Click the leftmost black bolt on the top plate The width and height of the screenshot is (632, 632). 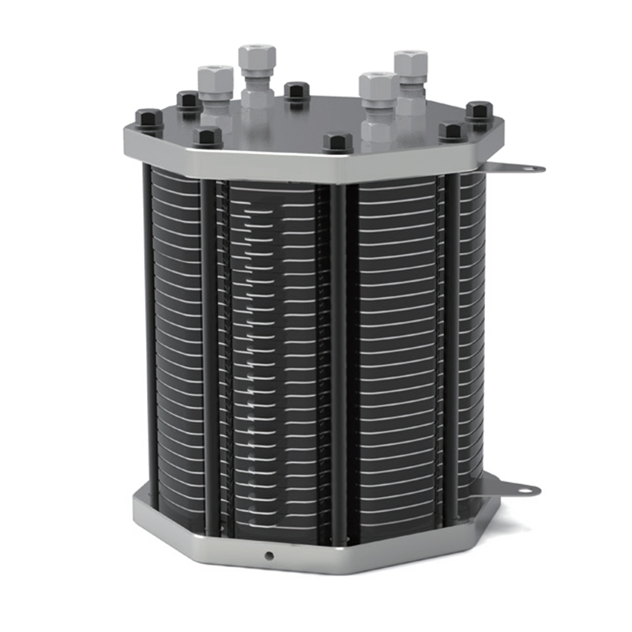coord(149,119)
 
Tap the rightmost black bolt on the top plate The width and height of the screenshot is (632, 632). coord(479,111)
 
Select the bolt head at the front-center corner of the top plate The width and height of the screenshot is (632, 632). coord(337,143)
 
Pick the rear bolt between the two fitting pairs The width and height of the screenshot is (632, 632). coord(296,92)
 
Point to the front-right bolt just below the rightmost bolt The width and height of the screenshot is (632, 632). coord(452,131)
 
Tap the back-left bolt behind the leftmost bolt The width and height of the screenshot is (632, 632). coord(188,100)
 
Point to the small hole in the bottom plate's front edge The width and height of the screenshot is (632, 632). coord(269,556)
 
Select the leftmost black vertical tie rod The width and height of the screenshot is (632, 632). coord(148,332)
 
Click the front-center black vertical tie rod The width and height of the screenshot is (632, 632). coord(337,363)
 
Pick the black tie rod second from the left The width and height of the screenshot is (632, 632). coord(209,355)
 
